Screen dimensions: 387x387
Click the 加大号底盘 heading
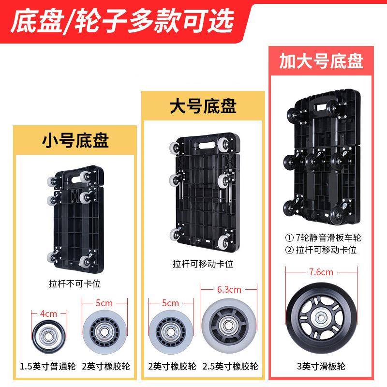(x=321, y=61)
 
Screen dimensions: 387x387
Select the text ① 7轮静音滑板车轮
(x=322, y=238)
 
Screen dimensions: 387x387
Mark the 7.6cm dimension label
(x=321, y=271)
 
